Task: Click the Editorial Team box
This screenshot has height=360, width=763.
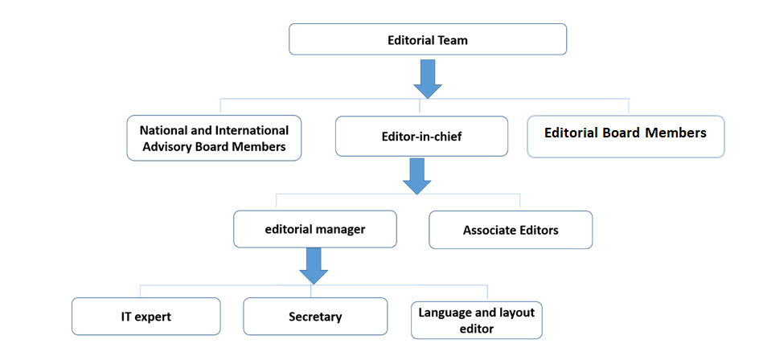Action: click(x=427, y=39)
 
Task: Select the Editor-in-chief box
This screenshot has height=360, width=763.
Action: click(x=421, y=136)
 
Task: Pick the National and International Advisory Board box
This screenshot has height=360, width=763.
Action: click(x=214, y=137)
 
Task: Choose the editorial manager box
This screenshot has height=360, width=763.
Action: click(x=315, y=229)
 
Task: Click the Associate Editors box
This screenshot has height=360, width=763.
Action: click(x=511, y=230)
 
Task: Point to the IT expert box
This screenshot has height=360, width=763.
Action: click(x=146, y=316)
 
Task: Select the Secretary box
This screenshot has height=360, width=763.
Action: click(x=315, y=316)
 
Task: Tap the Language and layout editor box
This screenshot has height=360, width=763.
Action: click(x=476, y=319)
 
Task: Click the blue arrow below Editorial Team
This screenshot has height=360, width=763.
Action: click(x=427, y=79)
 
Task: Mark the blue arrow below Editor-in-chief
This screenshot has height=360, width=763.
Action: click(x=416, y=176)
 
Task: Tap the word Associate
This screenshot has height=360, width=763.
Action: click(x=490, y=231)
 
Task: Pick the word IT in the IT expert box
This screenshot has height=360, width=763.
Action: click(x=116, y=317)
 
